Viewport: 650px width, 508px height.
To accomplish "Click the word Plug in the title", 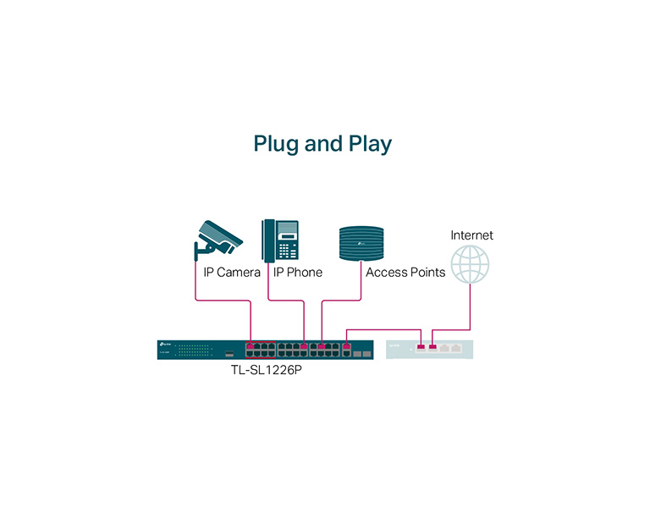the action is [x=276, y=144].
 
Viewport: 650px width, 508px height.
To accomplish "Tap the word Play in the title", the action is [x=370, y=144].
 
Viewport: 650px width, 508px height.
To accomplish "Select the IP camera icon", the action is [x=218, y=239].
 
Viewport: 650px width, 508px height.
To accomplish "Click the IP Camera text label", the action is [x=232, y=273].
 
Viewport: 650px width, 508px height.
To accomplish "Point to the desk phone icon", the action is [x=280, y=240].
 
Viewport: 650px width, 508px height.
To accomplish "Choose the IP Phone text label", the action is [x=298, y=273].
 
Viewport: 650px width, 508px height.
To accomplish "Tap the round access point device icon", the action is [x=361, y=244].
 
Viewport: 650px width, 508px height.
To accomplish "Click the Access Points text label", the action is [x=405, y=273].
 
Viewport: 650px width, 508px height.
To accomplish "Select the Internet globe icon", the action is [x=470, y=264].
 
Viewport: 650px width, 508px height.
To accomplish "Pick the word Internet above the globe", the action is [x=471, y=235].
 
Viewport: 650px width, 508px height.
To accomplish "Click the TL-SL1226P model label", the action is [x=267, y=369].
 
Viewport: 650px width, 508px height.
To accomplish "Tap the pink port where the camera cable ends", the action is [x=250, y=346].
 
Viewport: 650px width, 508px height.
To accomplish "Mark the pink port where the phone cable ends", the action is [x=304, y=346].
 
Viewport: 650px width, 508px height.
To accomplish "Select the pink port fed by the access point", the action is [x=322, y=346].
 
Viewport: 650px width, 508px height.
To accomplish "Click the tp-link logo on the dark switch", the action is [x=166, y=345].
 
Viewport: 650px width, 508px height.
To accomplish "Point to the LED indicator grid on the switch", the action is [x=194, y=351].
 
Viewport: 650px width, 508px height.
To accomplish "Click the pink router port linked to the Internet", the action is [x=432, y=346].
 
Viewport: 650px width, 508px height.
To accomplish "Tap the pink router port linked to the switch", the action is [x=421, y=346].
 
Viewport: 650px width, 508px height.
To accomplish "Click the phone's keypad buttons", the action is [x=288, y=250].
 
